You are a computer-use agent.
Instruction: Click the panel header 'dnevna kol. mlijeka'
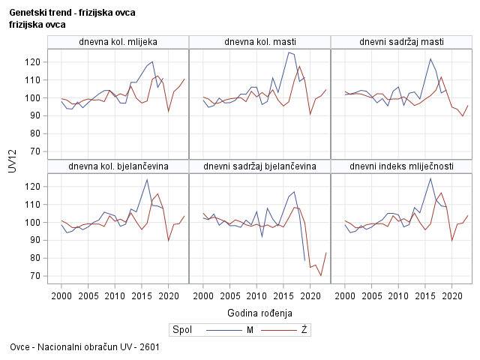pyautogui.click(x=118, y=41)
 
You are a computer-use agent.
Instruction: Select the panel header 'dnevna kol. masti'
pyautogui.click(x=259, y=41)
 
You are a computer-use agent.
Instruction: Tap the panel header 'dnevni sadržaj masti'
pyautogui.click(x=401, y=41)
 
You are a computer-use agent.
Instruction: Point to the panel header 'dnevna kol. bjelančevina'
pyautogui.click(x=118, y=166)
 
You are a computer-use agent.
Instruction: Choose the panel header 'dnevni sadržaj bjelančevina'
pyautogui.click(x=259, y=166)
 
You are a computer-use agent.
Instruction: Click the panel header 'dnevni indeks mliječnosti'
pyautogui.click(x=401, y=166)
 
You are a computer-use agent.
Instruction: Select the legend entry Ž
pyautogui.click(x=304, y=330)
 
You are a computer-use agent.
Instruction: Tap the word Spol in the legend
pyautogui.click(x=181, y=330)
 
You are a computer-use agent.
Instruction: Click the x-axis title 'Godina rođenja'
pyautogui.click(x=259, y=312)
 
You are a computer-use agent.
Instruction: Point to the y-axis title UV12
pyautogui.click(x=11, y=163)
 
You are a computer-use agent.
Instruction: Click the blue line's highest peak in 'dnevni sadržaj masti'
pyautogui.click(x=430, y=58)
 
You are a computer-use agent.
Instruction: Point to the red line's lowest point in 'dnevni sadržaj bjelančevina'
pyautogui.click(x=321, y=276)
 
